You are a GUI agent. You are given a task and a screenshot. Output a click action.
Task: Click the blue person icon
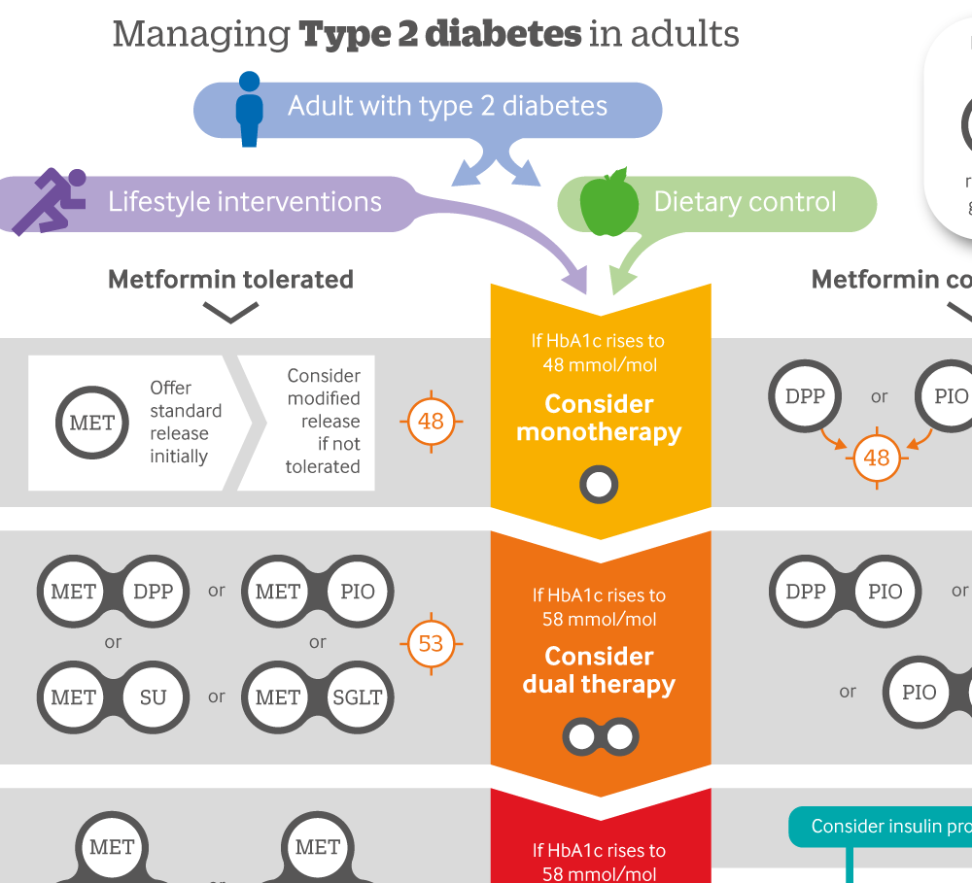(x=250, y=109)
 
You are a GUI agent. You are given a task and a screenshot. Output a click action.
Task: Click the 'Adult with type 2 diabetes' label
(x=447, y=106)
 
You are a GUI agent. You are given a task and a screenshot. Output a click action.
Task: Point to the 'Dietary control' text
(x=745, y=202)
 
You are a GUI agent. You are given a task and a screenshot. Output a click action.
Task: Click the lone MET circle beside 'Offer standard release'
(x=92, y=423)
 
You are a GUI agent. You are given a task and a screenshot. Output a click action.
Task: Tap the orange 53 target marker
(x=431, y=643)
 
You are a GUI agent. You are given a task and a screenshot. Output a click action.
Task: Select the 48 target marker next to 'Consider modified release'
(x=431, y=422)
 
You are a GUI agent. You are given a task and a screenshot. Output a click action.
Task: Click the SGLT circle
(x=358, y=696)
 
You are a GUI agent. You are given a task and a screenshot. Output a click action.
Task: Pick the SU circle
(x=153, y=696)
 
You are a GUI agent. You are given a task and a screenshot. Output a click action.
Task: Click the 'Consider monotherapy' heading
(x=599, y=418)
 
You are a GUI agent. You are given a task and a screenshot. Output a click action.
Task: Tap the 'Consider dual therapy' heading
(x=599, y=670)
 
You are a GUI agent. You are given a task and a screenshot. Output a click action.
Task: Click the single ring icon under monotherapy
(x=600, y=483)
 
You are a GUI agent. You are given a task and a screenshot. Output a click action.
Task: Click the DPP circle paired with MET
(x=153, y=592)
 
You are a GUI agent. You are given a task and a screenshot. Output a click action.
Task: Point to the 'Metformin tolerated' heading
(x=230, y=280)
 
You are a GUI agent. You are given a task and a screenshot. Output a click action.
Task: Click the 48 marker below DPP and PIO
(x=877, y=458)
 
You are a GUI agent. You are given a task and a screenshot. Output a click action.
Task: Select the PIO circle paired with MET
(x=358, y=592)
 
